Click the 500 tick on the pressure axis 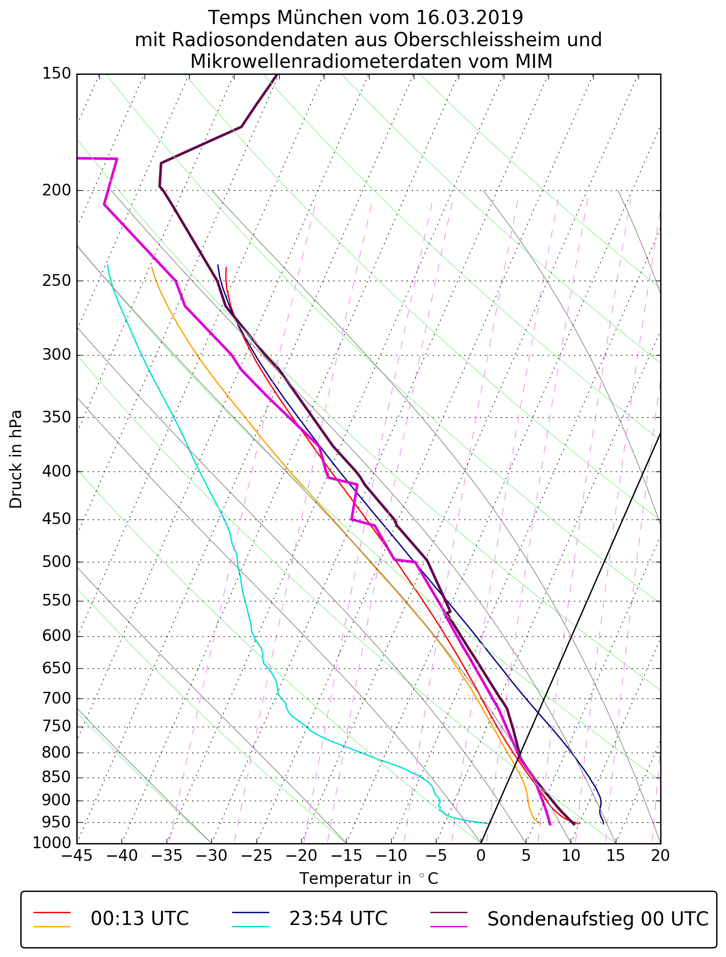(56, 562)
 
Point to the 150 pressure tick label (56, 74)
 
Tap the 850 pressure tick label (56, 778)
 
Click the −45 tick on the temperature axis (77, 855)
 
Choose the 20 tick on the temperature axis (661, 855)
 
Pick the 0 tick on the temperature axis (481, 855)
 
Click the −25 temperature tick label (257, 855)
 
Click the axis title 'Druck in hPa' (16, 459)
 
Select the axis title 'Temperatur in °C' (369, 879)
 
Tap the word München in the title (323, 18)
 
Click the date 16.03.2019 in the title (469, 18)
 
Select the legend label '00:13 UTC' (140, 919)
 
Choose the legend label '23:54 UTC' (338, 919)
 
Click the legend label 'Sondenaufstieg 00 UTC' (597, 919)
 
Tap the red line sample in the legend (52, 912)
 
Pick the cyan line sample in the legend (250, 926)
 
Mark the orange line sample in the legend (52, 926)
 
